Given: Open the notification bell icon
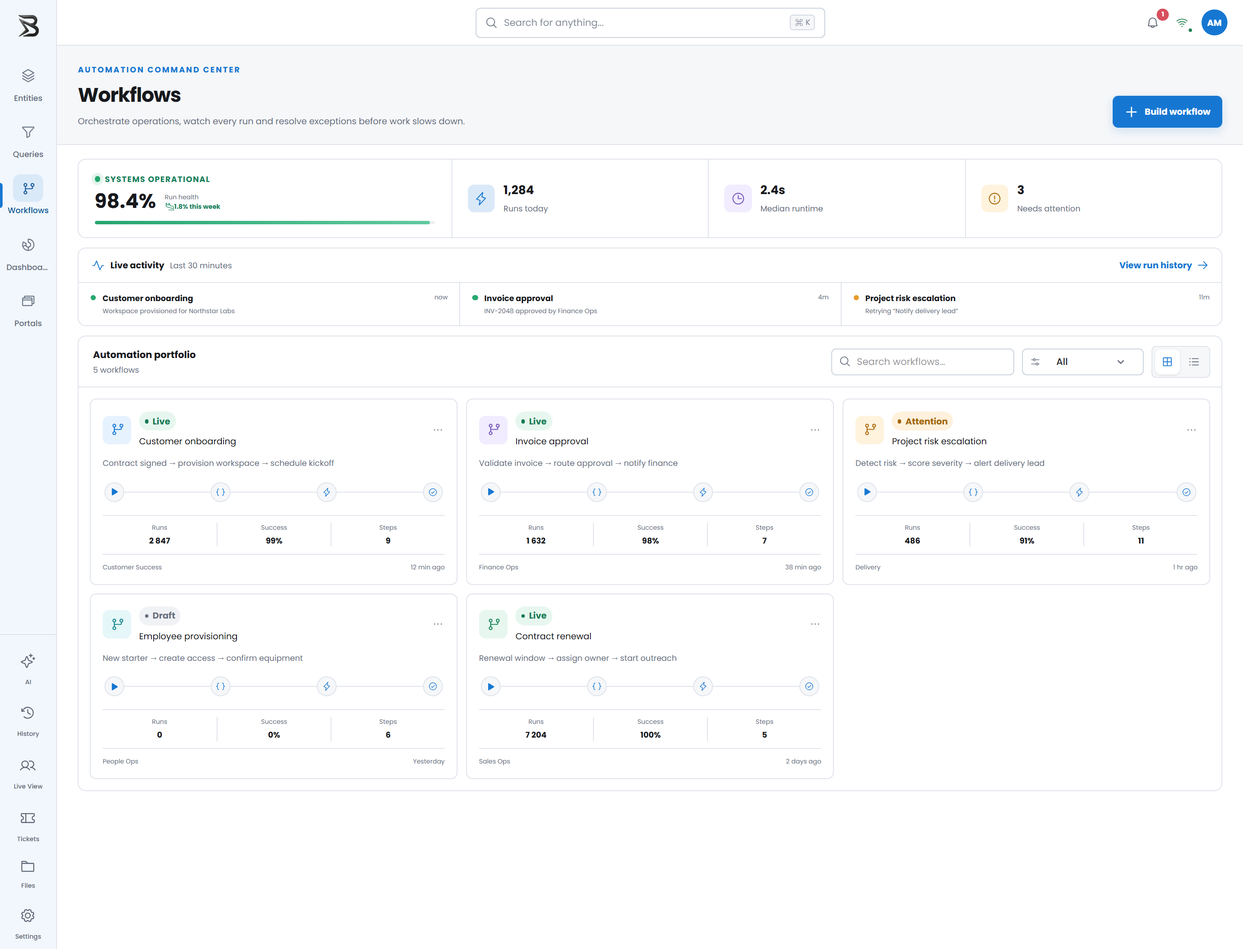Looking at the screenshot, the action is point(1152,23).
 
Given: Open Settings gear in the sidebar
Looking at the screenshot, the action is point(28,924).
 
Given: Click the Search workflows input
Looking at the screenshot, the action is point(922,361).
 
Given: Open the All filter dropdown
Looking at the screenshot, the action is point(1082,361).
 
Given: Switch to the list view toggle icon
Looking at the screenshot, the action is point(1194,361).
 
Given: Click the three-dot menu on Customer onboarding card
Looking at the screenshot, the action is point(438,430).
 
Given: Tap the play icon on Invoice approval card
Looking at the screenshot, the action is point(491,492).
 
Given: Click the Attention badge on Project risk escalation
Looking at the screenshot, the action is point(922,421).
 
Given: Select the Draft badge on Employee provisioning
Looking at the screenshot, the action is point(160,616).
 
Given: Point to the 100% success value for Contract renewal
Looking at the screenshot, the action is point(650,735).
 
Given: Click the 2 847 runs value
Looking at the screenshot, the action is point(159,540).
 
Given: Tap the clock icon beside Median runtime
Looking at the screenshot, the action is point(738,198).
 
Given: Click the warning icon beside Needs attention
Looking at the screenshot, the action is point(994,198).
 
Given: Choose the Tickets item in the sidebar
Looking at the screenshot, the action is point(28,826).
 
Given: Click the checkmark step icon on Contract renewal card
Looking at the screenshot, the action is point(809,686).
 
